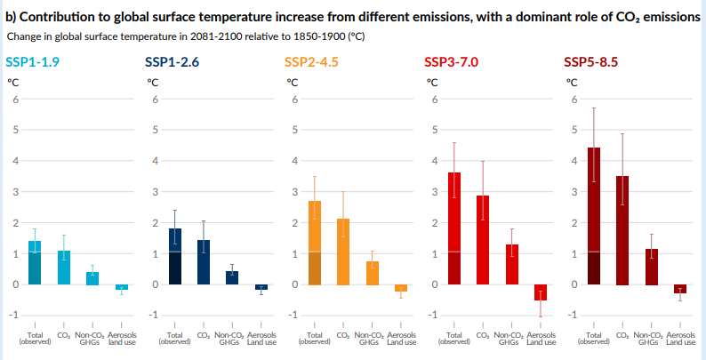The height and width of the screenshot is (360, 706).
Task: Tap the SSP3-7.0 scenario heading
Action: click(452, 61)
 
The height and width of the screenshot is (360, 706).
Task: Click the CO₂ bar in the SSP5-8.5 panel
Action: click(622, 230)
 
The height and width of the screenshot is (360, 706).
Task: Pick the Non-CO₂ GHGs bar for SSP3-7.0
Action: click(512, 264)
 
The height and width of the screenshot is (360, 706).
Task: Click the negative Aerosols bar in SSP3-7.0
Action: click(541, 292)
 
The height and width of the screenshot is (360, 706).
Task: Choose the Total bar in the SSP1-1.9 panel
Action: click(35, 262)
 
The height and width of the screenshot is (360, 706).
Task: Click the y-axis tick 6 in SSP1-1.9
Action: click(15, 99)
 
